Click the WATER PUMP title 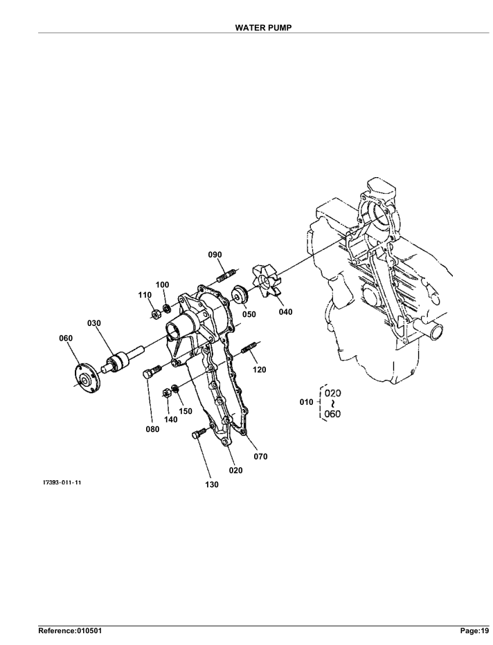click(263, 28)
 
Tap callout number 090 click(215, 255)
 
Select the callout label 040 click(285, 312)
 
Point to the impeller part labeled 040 click(265, 280)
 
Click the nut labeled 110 click(156, 315)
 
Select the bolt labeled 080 click(152, 371)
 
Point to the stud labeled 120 click(249, 347)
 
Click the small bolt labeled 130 click(198, 433)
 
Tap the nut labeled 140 click(166, 393)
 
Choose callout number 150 click(186, 411)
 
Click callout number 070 click(260, 456)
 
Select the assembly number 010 click(306, 402)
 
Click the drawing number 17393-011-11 click(62, 482)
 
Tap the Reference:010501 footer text click(70, 630)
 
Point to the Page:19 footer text click(474, 630)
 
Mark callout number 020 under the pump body click(236, 470)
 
